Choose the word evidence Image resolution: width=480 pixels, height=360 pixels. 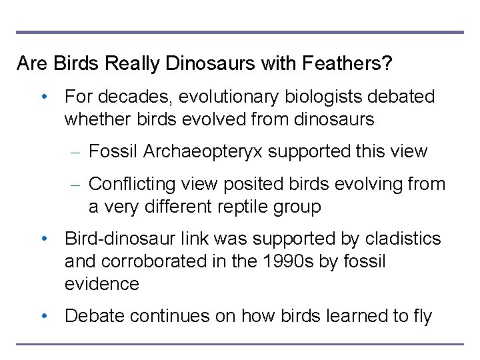coord(102,284)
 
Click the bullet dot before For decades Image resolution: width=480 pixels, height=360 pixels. coord(44,97)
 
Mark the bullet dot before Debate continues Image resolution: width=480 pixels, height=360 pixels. coord(44,316)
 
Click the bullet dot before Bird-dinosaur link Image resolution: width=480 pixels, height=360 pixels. coord(44,239)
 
